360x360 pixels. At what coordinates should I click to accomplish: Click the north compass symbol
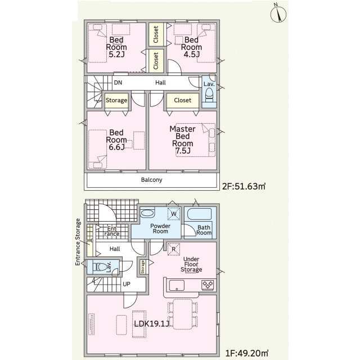[278, 13]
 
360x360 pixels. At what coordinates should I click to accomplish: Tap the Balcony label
[151, 180]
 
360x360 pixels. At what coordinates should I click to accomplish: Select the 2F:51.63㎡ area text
[244, 186]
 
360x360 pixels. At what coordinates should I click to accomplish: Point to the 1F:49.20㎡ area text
[247, 353]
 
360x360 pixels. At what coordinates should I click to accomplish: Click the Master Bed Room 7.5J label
[182, 139]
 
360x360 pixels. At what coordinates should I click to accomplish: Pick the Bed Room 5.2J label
[116, 47]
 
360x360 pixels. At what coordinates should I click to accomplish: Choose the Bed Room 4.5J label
[191, 47]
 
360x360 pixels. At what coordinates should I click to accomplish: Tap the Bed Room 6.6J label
[116, 139]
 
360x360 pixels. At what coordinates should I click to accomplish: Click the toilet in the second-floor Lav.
[209, 94]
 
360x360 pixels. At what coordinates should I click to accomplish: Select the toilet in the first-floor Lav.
[100, 267]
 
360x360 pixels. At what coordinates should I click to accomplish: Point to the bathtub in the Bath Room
[199, 214]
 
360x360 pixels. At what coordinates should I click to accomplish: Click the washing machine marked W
[174, 214]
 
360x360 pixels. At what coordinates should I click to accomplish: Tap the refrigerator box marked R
[174, 249]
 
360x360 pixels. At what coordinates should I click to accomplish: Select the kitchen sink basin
[177, 285]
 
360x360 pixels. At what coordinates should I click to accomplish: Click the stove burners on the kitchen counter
[208, 285]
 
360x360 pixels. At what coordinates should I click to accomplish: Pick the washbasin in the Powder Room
[147, 213]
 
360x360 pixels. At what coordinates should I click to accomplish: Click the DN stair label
[118, 83]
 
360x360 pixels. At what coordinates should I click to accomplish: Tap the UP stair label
[127, 284]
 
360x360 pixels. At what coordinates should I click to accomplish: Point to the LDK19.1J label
[152, 324]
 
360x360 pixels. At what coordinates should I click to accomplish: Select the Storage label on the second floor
[116, 100]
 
